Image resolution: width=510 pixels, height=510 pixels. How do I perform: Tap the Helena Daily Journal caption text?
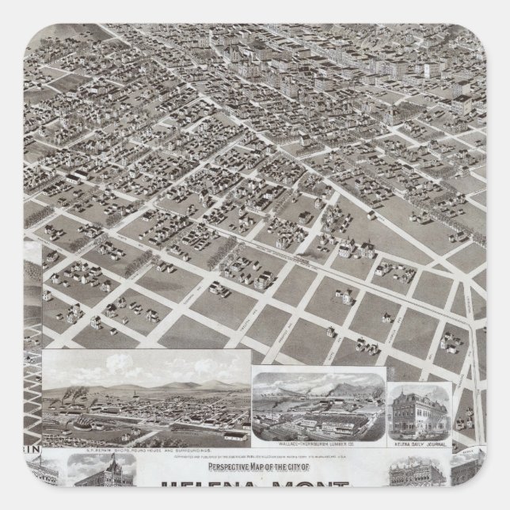pyautogui.click(x=419, y=443)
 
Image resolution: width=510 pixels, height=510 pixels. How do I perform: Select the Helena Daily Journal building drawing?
pyautogui.click(x=418, y=413)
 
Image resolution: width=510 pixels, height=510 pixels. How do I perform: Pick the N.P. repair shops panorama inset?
pyautogui.click(x=146, y=396)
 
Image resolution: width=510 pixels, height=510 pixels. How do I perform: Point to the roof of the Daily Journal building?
pyautogui.click(x=418, y=393)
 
